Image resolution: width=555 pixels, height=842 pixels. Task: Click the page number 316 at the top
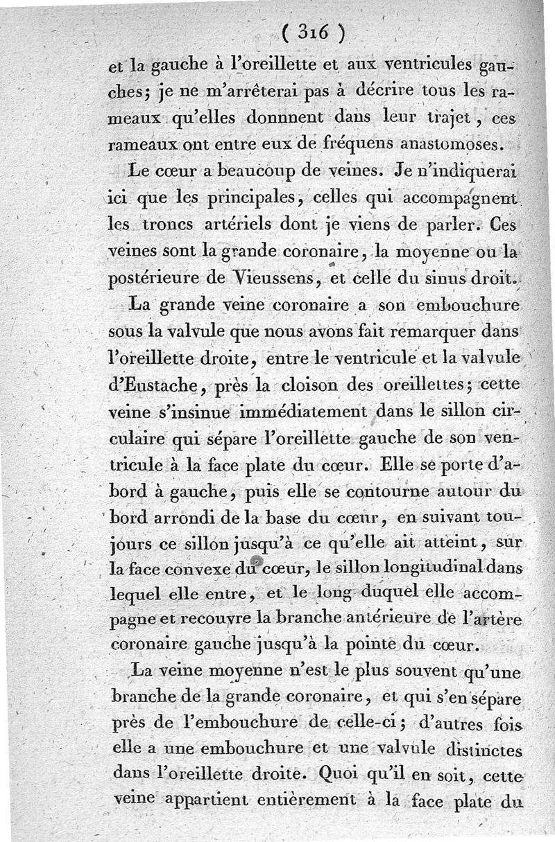coord(315,33)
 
